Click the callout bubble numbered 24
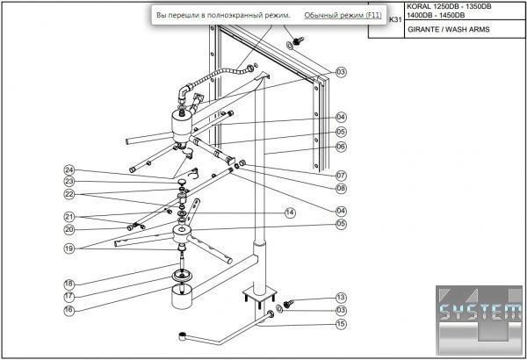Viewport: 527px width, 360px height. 69,170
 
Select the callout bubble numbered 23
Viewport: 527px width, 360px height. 69,182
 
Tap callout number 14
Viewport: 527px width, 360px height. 290,212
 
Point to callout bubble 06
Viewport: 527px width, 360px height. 341,147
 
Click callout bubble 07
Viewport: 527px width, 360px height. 341,175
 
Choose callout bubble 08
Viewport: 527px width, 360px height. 341,188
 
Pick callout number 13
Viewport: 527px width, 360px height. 341,298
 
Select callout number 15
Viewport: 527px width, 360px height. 341,324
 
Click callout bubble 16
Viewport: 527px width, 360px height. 69,310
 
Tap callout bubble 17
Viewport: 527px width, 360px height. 69,297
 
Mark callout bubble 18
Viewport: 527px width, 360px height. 69,284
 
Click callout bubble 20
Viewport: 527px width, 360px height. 69,229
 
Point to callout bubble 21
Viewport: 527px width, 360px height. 69,217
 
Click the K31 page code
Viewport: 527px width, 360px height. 395,20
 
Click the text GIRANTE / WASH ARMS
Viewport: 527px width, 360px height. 449,29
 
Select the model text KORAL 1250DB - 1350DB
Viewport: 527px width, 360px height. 449,6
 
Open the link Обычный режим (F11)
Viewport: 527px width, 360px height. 343,15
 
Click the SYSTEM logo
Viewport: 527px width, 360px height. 480,320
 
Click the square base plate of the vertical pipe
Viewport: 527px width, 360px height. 260,294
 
